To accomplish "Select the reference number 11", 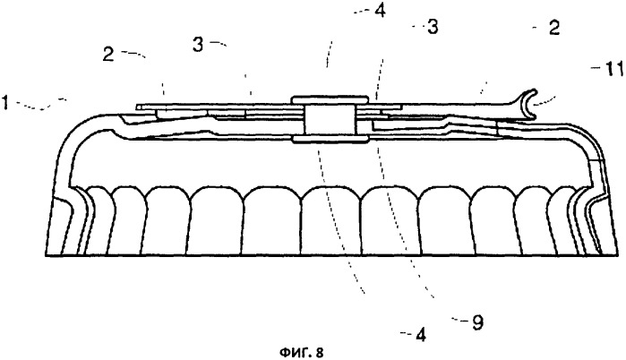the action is coord(612,70).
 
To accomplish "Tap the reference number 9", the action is coord(477,322).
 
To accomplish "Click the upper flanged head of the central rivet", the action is coord(330,99).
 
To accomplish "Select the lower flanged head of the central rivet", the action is coord(330,139).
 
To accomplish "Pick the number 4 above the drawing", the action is coord(380,11).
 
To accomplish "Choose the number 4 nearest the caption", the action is coord(420,335).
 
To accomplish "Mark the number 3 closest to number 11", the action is coord(432,27).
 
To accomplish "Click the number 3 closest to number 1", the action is coord(198,44).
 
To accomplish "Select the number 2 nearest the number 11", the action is coord(554,28).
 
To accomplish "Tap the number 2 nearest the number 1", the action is coord(107,55).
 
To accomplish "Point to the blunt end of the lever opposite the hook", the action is coord(137,107).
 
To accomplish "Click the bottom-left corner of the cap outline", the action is coord(45,255).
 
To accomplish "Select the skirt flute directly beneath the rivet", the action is coord(330,220).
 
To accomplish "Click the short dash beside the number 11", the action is coord(596,69).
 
